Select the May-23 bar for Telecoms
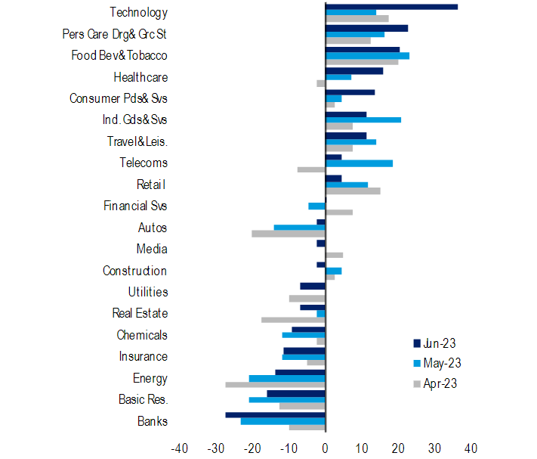click(x=359, y=163)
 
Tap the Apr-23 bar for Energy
click(x=275, y=384)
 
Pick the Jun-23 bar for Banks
click(x=275, y=414)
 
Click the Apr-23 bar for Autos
click(x=289, y=234)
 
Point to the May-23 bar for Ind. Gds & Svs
click(x=363, y=119)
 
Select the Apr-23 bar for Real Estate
click(x=293, y=319)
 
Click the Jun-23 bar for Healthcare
click(x=354, y=70)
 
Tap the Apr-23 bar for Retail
click(x=353, y=191)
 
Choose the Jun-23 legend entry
click(x=434, y=343)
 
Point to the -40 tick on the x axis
click(x=180, y=448)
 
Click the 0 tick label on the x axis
click(x=326, y=448)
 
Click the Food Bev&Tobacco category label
click(x=119, y=56)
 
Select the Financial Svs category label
click(x=135, y=206)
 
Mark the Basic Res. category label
click(x=144, y=399)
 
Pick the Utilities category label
click(x=148, y=292)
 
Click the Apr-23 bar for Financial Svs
click(x=339, y=212)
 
